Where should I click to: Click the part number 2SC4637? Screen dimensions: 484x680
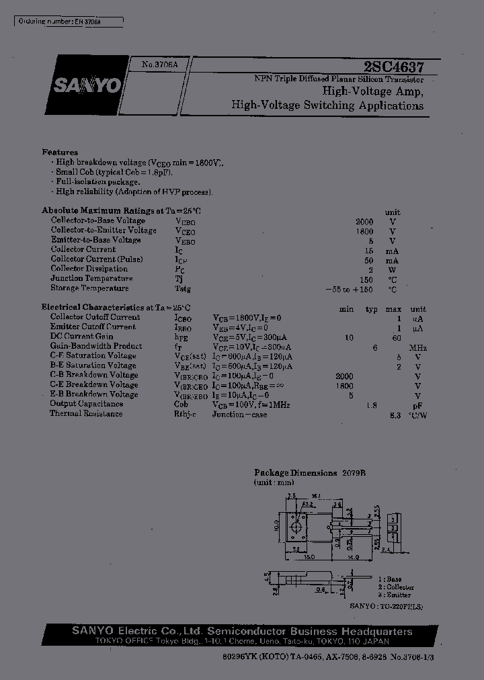[x=393, y=67]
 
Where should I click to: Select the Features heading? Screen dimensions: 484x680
[x=60, y=153]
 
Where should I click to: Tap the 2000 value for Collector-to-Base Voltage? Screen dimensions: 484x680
[x=364, y=221]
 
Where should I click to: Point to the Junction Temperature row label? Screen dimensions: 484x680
[x=91, y=278]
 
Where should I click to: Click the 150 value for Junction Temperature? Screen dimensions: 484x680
[x=366, y=279]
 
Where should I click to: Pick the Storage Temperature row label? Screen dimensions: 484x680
[x=89, y=288]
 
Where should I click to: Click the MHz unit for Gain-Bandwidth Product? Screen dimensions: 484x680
[x=417, y=347]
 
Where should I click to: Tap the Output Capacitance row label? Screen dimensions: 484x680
[x=86, y=404]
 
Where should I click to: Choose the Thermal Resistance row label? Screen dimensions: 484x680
[x=86, y=414]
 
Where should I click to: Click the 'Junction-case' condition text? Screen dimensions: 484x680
[x=239, y=415]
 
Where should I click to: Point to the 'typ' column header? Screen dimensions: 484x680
[x=371, y=309]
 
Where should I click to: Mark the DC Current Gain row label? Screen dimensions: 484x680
[x=81, y=337]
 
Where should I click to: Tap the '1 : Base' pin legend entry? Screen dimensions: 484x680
[x=389, y=579]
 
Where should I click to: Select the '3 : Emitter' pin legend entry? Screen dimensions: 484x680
[x=395, y=595]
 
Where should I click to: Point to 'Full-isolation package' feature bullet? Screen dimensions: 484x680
[x=98, y=182]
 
